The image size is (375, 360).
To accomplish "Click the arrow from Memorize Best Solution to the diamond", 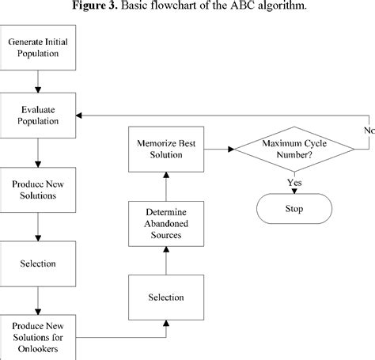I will click(218, 148).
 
